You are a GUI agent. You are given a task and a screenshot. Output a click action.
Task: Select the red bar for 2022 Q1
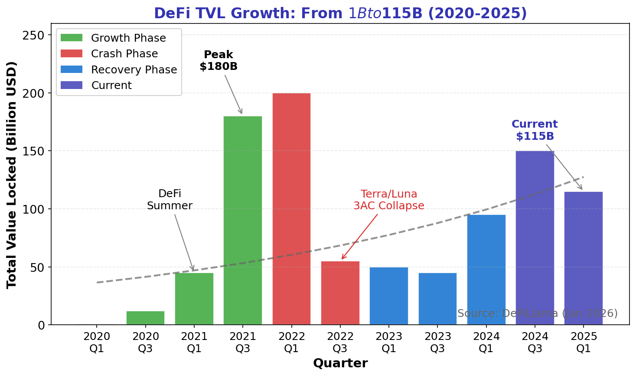[291, 209]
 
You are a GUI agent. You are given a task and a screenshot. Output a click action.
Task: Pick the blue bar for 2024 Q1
[486, 270]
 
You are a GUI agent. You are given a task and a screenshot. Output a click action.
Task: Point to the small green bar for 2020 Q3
[145, 318]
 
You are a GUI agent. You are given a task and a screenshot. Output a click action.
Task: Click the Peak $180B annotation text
[219, 61]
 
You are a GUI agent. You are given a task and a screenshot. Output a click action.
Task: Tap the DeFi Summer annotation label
[170, 200]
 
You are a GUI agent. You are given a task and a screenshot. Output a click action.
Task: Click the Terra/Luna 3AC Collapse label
[388, 200]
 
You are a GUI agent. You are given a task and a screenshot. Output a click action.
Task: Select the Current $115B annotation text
[535, 130]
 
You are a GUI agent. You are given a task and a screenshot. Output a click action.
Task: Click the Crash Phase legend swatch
[72, 54]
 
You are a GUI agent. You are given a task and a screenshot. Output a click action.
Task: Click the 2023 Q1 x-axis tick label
[388, 343]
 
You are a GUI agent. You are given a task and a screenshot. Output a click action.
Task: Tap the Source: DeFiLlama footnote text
[537, 313]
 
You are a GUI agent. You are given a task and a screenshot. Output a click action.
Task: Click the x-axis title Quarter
[340, 363]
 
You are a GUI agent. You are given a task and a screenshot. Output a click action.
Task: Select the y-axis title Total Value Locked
[12, 175]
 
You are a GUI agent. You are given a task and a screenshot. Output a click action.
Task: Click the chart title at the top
[340, 13]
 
